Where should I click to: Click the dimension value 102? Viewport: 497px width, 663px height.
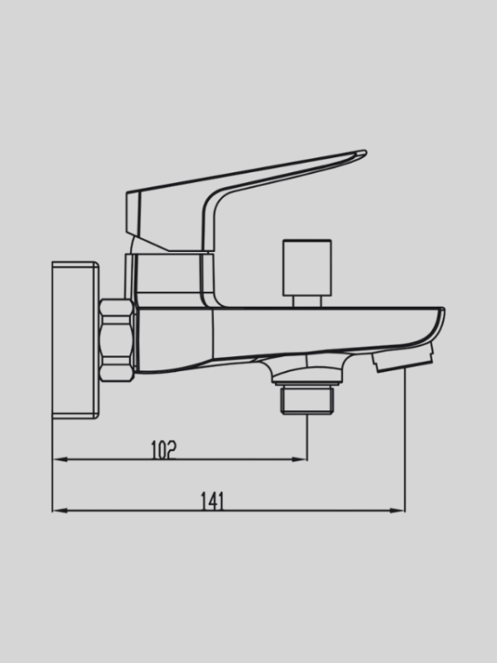[x=164, y=450]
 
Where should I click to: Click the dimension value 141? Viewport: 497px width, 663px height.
[x=212, y=501]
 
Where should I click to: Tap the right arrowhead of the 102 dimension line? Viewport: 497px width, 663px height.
[x=302, y=460]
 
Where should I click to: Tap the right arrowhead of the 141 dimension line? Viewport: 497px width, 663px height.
[x=399, y=510]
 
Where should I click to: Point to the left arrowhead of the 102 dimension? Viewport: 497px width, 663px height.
[x=59, y=460]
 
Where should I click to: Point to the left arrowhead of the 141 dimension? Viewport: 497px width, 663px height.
[x=59, y=510]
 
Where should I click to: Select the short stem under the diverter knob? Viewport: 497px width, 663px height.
[x=304, y=301]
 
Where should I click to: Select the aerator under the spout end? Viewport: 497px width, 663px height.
[x=405, y=359]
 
